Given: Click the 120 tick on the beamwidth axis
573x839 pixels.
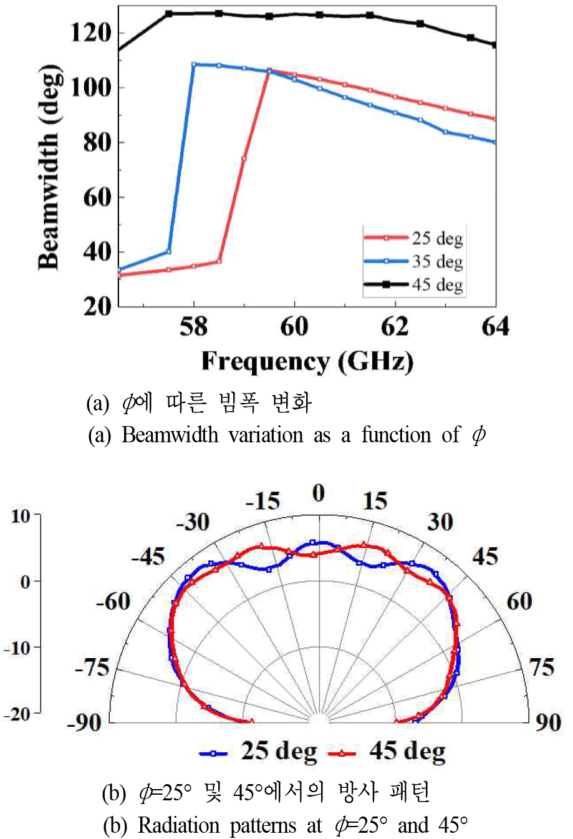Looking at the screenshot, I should point(91,32).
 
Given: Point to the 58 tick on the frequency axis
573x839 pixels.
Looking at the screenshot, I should point(193,326).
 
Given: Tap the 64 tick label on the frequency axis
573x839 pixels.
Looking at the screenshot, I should point(495,326).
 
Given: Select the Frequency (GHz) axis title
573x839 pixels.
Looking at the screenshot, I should point(307,361).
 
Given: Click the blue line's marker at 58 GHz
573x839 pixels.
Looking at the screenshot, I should point(194,64).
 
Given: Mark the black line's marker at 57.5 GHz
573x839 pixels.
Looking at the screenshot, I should point(169,13).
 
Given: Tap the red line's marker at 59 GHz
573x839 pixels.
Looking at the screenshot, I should point(244,158).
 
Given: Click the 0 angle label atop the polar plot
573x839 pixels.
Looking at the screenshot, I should point(319,493).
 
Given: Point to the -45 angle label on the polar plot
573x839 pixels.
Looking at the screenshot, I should point(148,556).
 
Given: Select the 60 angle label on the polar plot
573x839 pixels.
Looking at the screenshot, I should point(519,601).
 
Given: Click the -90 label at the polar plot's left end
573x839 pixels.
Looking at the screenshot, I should point(84,722).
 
